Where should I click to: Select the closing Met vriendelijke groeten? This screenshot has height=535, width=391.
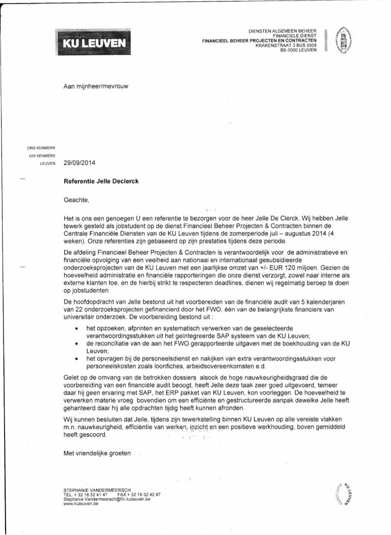coord(97,452)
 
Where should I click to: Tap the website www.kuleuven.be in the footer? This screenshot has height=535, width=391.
coord(77,503)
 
